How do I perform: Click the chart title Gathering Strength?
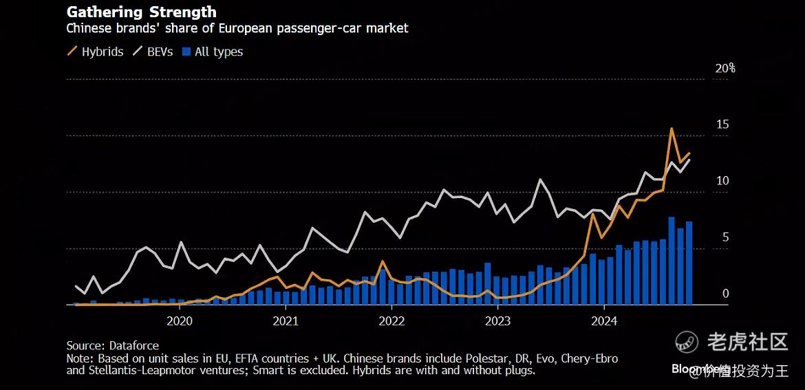tap(141, 12)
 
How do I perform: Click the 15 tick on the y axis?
tap(722, 124)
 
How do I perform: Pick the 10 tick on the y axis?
tap(722, 181)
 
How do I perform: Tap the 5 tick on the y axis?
tap(724, 237)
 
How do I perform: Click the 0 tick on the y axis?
tap(724, 294)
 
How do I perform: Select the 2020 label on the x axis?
tap(179, 321)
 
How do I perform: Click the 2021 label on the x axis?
tap(285, 321)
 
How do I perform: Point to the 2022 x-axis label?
tap(391, 321)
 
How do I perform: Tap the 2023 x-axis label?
tap(497, 321)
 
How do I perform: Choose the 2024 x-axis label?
tap(603, 321)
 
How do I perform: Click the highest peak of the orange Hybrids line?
tap(672, 129)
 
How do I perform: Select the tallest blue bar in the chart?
tap(672, 260)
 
